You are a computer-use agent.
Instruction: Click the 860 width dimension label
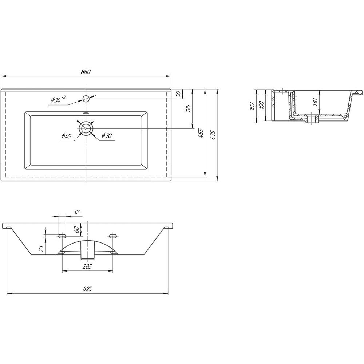86,72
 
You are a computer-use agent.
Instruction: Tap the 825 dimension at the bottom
87,289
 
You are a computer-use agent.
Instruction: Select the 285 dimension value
87,266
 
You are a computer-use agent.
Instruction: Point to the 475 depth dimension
213,135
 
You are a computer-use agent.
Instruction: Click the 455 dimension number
201,133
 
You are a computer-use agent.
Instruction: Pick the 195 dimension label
188,108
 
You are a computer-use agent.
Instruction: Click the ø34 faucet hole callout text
58,99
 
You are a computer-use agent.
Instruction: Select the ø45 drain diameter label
66,136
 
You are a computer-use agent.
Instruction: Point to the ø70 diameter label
107,135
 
